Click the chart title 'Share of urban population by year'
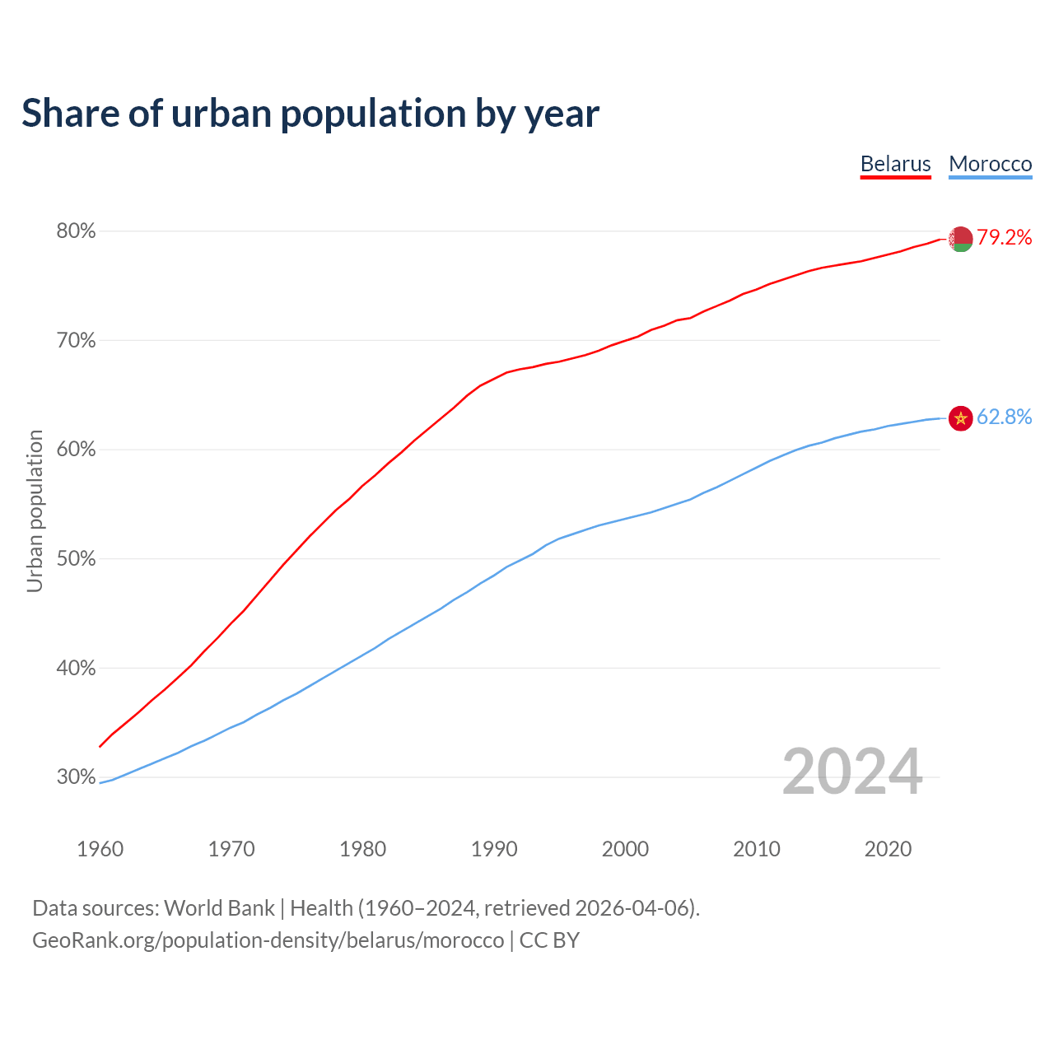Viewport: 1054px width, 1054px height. (310, 114)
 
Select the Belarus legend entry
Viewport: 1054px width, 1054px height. (895, 164)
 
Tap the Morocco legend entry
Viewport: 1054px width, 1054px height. (990, 164)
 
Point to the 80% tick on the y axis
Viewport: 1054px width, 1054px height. (76, 231)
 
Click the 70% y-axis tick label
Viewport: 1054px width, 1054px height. (76, 341)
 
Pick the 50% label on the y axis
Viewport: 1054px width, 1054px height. (76, 559)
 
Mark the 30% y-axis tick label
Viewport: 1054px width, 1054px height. (76, 777)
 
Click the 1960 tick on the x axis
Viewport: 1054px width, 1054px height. (100, 849)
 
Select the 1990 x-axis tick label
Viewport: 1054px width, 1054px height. (494, 849)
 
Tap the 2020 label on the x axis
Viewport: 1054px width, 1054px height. (888, 849)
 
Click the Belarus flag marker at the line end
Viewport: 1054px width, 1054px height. (960, 239)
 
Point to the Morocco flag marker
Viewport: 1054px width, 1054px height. (960, 418)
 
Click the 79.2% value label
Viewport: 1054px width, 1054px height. (1005, 238)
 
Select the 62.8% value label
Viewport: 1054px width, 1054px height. (1005, 417)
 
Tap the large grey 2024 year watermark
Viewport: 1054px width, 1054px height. (852, 772)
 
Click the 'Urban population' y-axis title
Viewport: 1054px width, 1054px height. (35, 511)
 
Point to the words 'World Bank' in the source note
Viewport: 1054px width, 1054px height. (219, 908)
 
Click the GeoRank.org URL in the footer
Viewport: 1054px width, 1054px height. (268, 940)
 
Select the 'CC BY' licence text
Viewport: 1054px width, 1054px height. (549, 940)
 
